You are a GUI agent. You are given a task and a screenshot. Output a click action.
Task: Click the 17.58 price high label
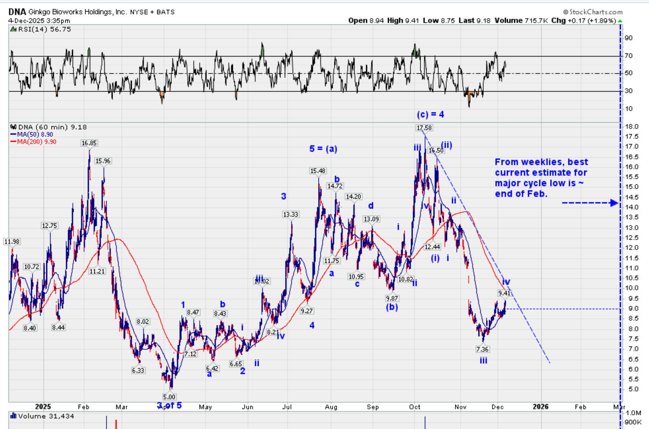424,128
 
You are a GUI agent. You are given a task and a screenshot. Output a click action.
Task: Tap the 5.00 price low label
169,397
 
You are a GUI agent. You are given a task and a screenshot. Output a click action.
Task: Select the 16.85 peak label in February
89,143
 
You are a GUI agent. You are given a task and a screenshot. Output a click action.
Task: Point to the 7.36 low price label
482,349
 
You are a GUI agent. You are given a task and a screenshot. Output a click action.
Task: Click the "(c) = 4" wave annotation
430,115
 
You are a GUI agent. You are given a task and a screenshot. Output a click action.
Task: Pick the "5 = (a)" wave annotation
323,149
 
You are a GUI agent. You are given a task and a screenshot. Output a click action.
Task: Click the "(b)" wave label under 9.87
392,307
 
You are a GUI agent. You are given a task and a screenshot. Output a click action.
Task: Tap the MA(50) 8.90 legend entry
35,134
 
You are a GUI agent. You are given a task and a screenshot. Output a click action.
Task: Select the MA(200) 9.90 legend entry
37,142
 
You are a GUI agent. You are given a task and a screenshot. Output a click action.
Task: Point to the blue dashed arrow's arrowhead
614,203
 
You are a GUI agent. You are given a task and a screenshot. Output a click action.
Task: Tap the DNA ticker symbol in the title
17,12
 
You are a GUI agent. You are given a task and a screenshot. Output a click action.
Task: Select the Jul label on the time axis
287,407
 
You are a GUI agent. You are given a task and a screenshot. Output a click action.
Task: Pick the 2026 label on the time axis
541,407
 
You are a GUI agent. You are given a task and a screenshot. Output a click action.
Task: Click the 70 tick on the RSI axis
628,56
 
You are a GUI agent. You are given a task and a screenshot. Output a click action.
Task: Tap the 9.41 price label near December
504,293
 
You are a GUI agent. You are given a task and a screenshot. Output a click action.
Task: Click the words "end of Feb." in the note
521,194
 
